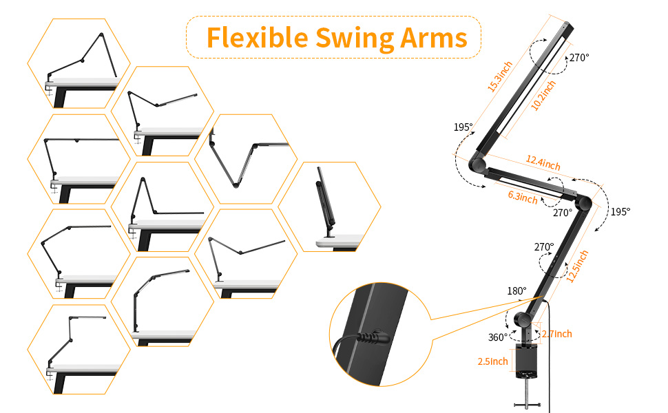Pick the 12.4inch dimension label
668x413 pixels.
pos(543,163)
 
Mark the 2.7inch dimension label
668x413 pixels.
pos(556,334)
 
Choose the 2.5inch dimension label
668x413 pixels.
pos(492,361)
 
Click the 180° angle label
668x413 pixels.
pos(516,291)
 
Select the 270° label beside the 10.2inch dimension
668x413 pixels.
pos(578,58)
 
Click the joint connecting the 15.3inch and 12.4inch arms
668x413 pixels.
pos(477,165)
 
